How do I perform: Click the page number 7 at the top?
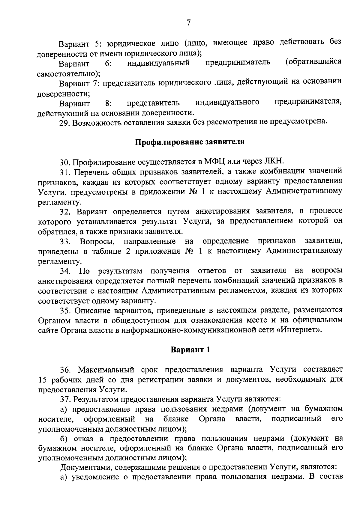[188, 23]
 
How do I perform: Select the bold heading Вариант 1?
[190, 350]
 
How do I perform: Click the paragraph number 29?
[64, 123]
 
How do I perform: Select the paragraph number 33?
[65, 241]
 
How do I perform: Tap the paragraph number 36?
[65, 369]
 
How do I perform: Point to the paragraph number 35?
[65, 310]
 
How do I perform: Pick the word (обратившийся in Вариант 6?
[313, 61]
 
